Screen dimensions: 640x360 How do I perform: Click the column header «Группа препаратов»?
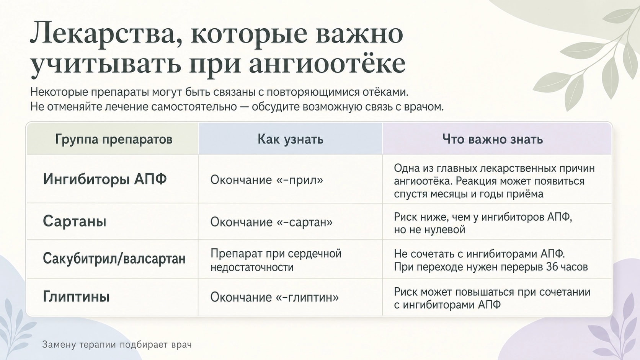point(114,139)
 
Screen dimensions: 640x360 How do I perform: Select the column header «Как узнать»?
point(290,139)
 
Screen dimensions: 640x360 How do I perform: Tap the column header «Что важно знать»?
point(492,139)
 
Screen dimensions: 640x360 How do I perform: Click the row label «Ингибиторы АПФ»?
point(105,179)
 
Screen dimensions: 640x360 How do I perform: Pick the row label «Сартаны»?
point(75,221)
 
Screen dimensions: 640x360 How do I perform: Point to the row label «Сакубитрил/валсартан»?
point(114,259)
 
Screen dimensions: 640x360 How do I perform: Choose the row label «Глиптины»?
point(76,296)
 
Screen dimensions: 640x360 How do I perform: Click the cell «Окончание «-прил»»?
point(267,180)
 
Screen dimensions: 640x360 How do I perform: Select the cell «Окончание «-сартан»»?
point(271,222)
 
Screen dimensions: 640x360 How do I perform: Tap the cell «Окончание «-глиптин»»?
point(274,297)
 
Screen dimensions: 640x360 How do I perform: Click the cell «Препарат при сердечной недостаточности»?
point(276,260)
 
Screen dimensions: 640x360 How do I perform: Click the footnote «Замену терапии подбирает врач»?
point(117,345)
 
